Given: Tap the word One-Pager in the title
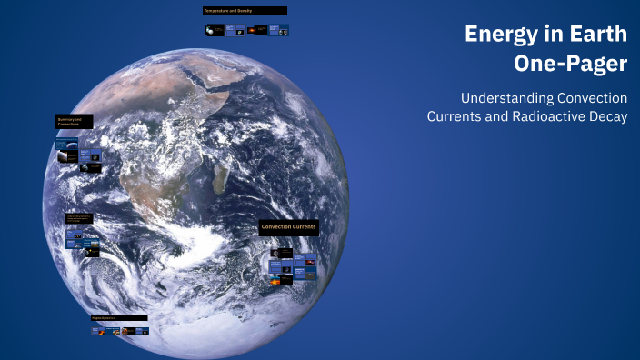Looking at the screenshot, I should (x=571, y=65).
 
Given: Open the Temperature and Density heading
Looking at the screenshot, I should (x=245, y=11).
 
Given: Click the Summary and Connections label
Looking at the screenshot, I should (x=73, y=121).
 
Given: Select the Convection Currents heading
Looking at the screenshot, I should (x=288, y=226).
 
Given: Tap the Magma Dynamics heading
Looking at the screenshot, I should (x=118, y=318).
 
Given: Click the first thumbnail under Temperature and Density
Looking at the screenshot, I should (x=213, y=30).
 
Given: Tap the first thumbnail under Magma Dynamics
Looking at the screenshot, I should (x=98, y=332).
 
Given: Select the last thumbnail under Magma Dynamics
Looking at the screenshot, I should (x=141, y=332).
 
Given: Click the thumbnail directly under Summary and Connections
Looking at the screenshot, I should (x=66, y=144).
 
